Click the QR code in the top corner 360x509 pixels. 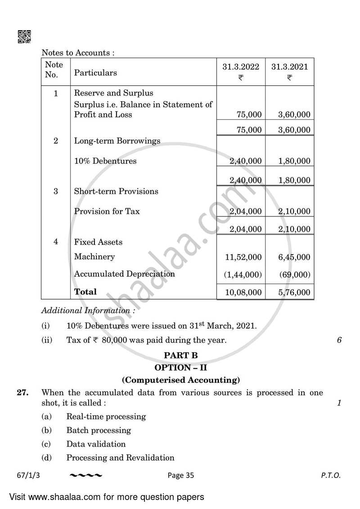[24, 37]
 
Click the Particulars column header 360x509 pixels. [95, 72]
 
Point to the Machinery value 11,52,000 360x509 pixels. [243, 257]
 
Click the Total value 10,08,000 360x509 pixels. [243, 292]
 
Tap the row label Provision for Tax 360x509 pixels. [107, 211]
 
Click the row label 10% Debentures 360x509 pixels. [105, 161]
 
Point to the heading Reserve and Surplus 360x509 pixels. [113, 93]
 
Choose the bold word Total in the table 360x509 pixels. [85, 292]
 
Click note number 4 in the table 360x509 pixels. [56, 242]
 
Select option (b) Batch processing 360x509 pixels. [99, 430]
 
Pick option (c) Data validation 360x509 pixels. [96, 444]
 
